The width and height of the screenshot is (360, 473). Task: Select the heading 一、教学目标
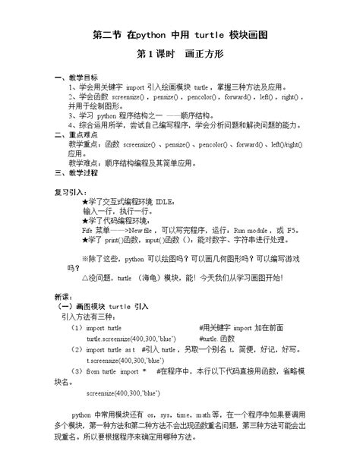(x=76, y=78)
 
